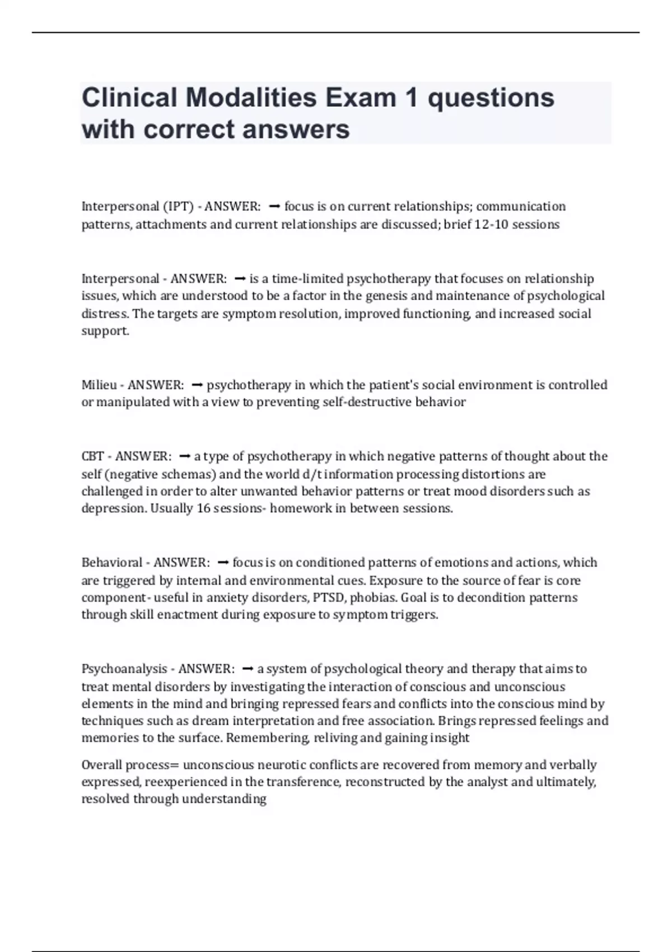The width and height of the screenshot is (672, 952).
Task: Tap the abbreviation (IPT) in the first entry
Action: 178,207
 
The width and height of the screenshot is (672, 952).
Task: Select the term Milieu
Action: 99,385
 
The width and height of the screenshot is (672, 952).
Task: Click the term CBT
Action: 92,456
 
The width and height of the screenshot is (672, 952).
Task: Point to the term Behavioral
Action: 112,562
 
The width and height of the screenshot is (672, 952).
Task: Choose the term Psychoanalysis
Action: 124,669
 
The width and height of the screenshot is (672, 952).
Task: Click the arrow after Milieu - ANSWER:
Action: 197,385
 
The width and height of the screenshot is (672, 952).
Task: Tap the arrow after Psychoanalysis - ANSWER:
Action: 248,669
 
